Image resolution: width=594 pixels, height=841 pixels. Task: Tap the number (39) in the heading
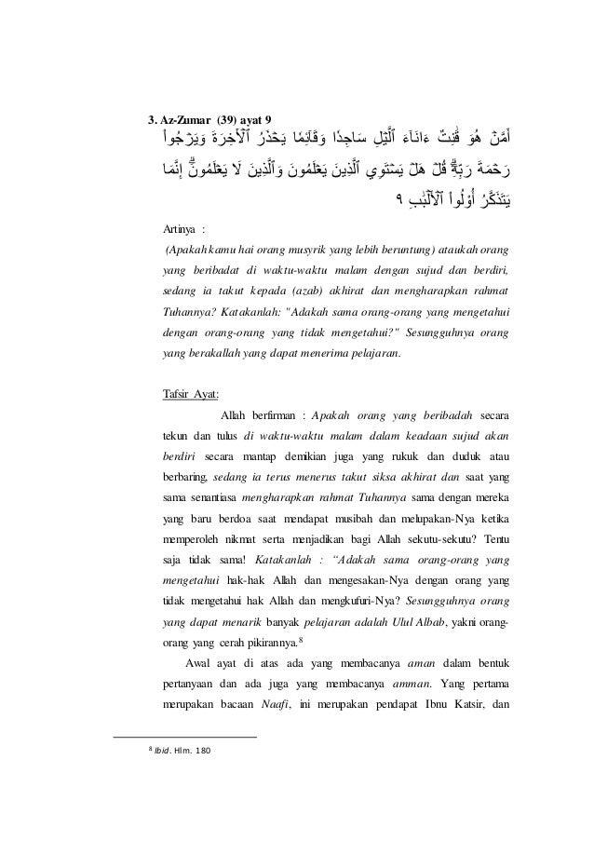pyautogui.click(x=228, y=119)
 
